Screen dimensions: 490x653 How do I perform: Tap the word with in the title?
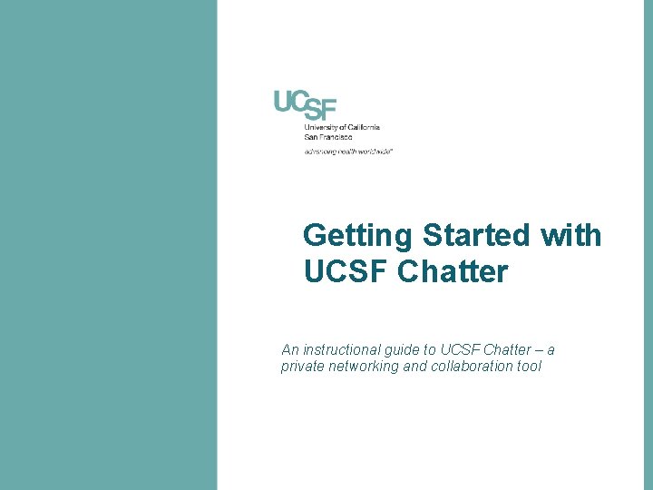pos(570,236)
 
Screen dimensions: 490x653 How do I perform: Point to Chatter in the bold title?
pos(453,271)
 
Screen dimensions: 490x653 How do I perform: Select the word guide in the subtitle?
pos(413,349)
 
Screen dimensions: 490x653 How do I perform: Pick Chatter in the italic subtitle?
pos(508,349)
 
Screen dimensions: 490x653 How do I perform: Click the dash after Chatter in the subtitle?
pos(539,349)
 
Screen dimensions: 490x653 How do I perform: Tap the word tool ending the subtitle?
pos(528,367)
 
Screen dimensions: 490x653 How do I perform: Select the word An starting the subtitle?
pos(289,349)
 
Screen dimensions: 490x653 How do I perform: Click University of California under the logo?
pos(342,127)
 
